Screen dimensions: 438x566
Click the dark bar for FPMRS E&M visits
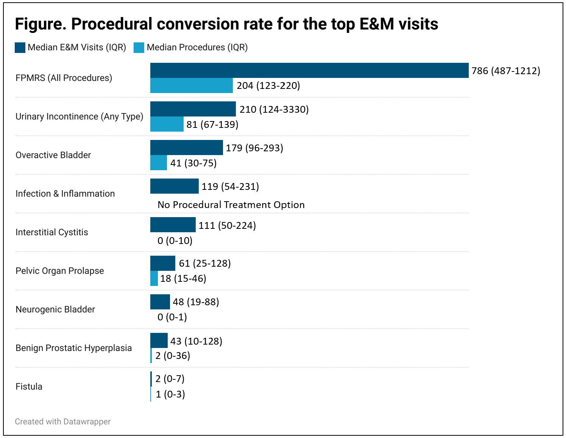(309, 70)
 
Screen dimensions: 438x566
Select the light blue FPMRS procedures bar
(191, 85)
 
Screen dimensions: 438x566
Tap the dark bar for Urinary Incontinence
(193, 109)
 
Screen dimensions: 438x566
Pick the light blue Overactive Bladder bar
(159, 163)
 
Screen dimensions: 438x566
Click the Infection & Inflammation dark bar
(174, 186)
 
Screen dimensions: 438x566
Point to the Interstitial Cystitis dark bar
(173, 225)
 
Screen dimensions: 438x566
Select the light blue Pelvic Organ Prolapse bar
(154, 278)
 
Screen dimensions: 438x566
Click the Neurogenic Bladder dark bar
(160, 302)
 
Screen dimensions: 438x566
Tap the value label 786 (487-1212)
(506, 71)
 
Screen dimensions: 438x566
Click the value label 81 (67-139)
(212, 124)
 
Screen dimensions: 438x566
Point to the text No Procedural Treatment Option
(231, 205)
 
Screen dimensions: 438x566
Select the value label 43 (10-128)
(196, 341)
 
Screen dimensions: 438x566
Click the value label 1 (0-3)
(170, 394)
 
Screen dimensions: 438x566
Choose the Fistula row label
(29, 387)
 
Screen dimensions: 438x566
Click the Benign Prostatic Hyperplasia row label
(74, 348)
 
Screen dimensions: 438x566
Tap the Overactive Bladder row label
(53, 155)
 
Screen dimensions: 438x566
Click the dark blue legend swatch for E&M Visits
(20, 48)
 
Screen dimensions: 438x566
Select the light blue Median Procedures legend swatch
(139, 48)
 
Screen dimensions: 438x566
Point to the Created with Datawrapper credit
(63, 421)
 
